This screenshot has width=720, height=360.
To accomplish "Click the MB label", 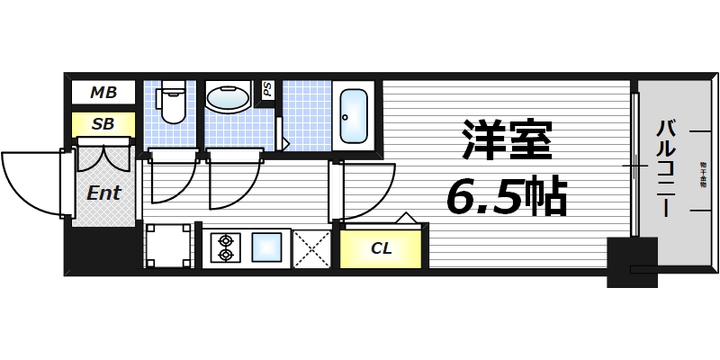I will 103,92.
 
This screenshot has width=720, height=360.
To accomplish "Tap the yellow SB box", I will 103,123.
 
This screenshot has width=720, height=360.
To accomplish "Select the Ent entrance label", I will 103,193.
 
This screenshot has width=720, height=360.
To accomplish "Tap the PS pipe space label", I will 267,90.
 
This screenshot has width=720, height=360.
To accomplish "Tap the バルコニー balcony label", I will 665,166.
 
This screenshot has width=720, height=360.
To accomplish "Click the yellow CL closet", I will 381,248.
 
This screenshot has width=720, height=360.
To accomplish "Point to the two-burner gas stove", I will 225,247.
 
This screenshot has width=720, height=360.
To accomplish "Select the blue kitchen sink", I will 268,247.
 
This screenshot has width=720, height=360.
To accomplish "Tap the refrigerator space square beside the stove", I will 168,246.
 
